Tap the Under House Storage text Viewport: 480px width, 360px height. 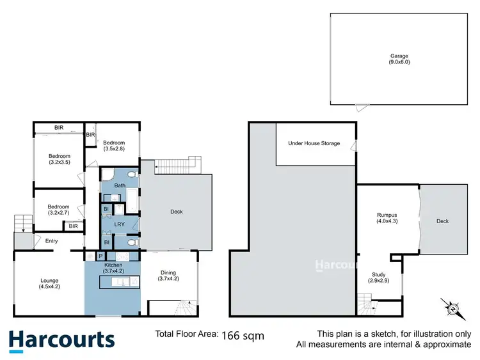pos(314,143)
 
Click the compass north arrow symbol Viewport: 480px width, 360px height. pos(452,308)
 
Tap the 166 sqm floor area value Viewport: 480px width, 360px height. pos(243,334)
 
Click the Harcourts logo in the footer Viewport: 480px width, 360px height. pos(61,340)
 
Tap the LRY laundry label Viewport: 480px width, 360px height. pos(120,224)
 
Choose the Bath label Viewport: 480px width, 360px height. pos(120,185)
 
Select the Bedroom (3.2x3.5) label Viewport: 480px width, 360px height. pos(59,159)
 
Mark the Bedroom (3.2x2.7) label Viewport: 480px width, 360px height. pos(58,210)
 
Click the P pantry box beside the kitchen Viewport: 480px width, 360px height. pos(100,256)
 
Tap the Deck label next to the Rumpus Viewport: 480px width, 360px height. pos(442,221)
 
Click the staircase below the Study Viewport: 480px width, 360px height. pos(366,301)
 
